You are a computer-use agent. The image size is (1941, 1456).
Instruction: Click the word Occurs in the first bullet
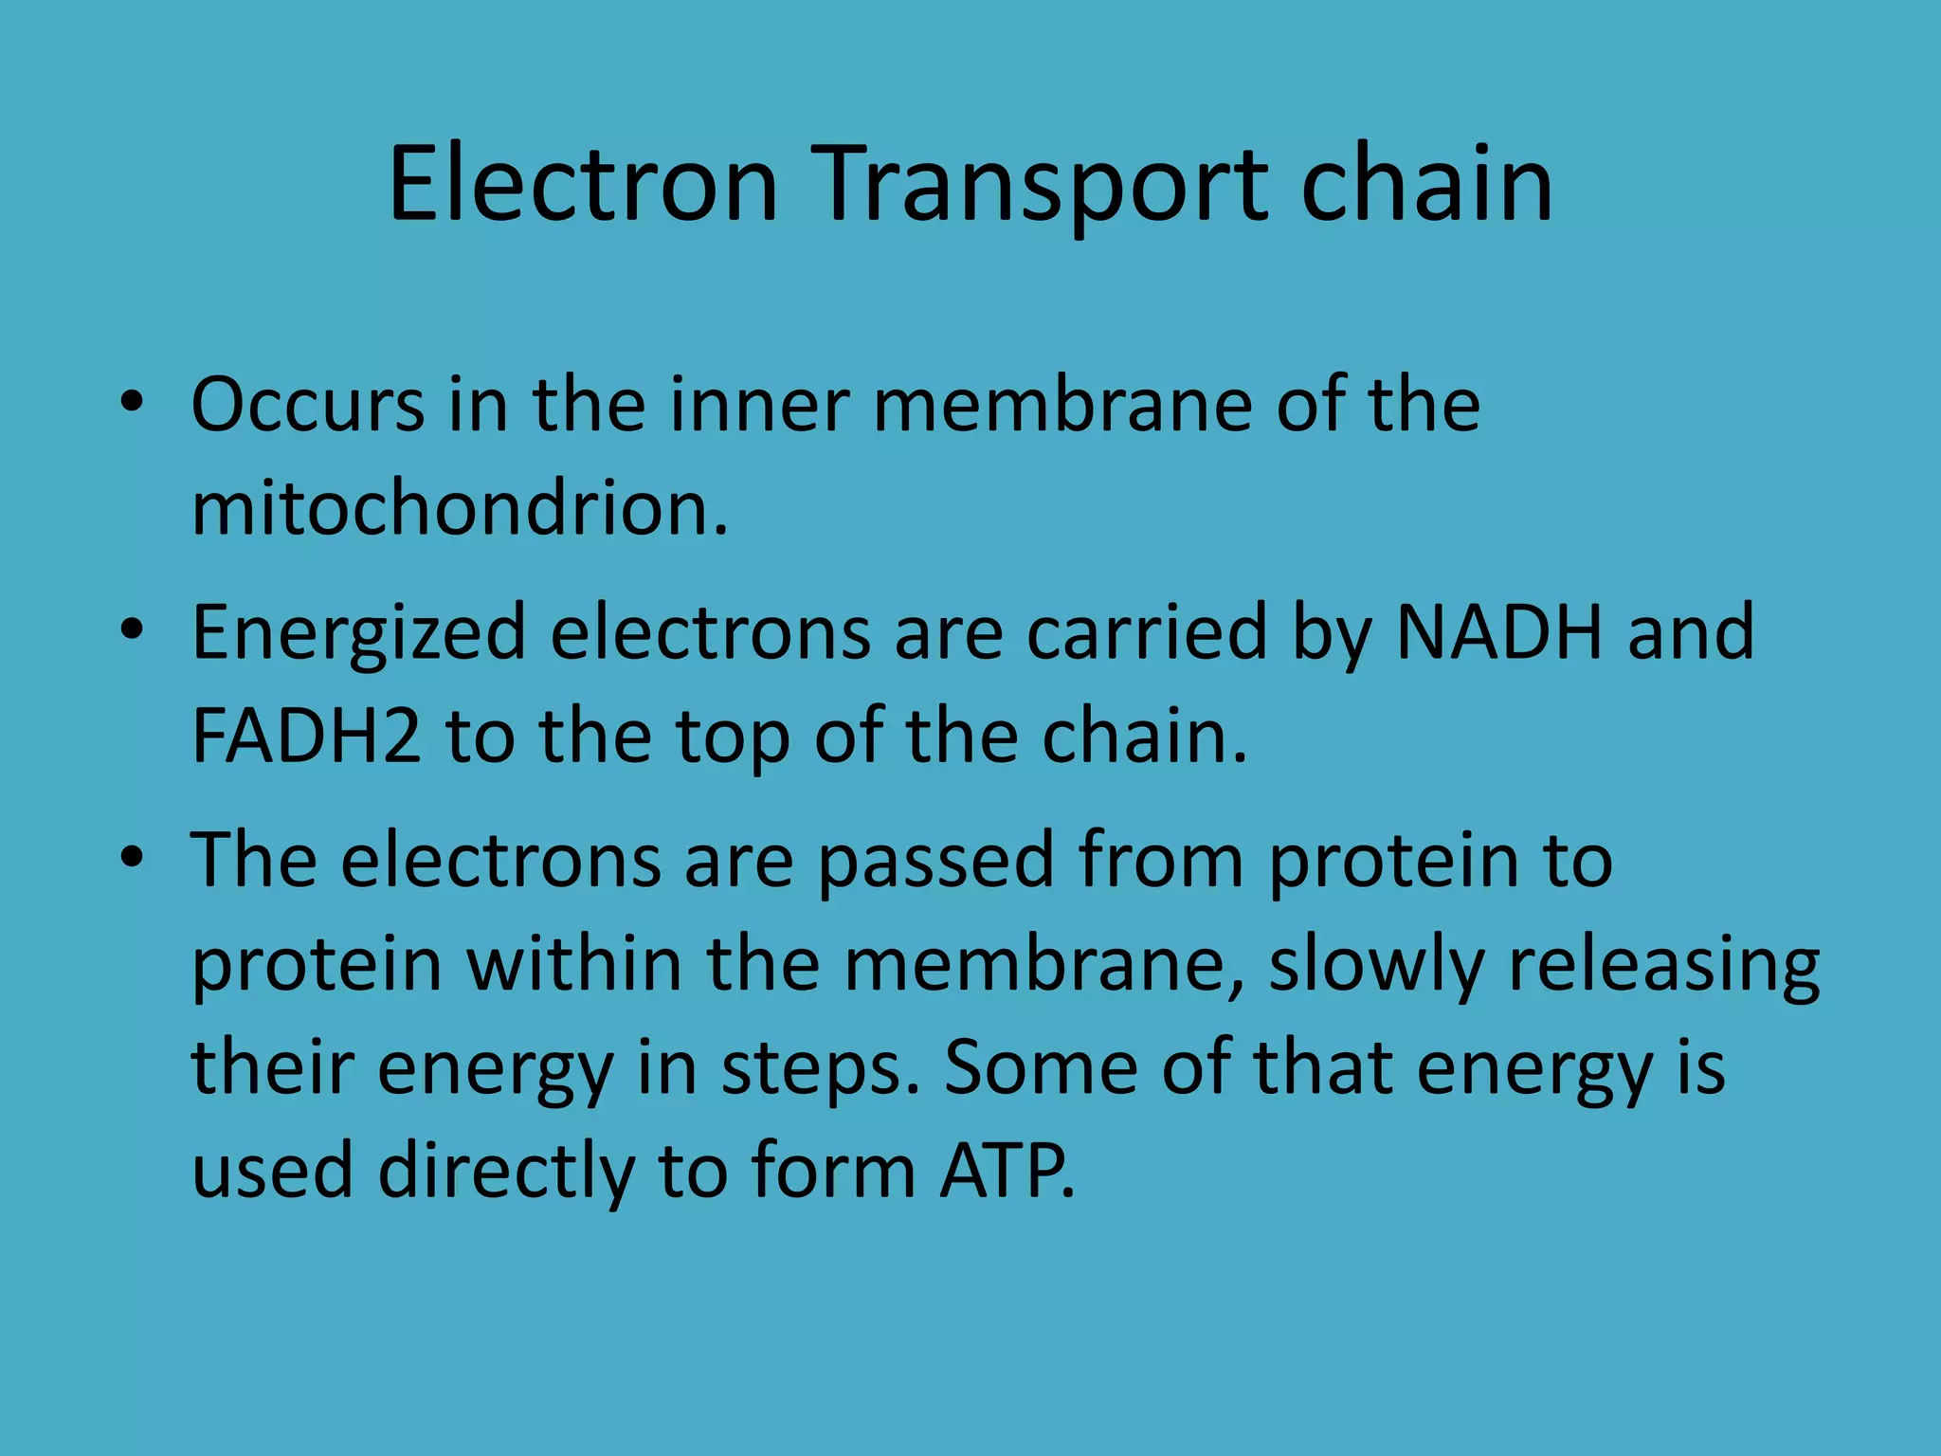point(308,406)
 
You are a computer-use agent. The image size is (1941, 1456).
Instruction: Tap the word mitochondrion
point(460,509)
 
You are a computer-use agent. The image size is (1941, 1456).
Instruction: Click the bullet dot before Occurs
point(132,402)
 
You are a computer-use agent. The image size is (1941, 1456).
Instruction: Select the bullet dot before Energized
point(132,629)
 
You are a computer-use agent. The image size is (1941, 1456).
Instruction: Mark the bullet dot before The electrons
point(132,857)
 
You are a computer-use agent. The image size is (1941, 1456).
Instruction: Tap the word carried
point(1147,632)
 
